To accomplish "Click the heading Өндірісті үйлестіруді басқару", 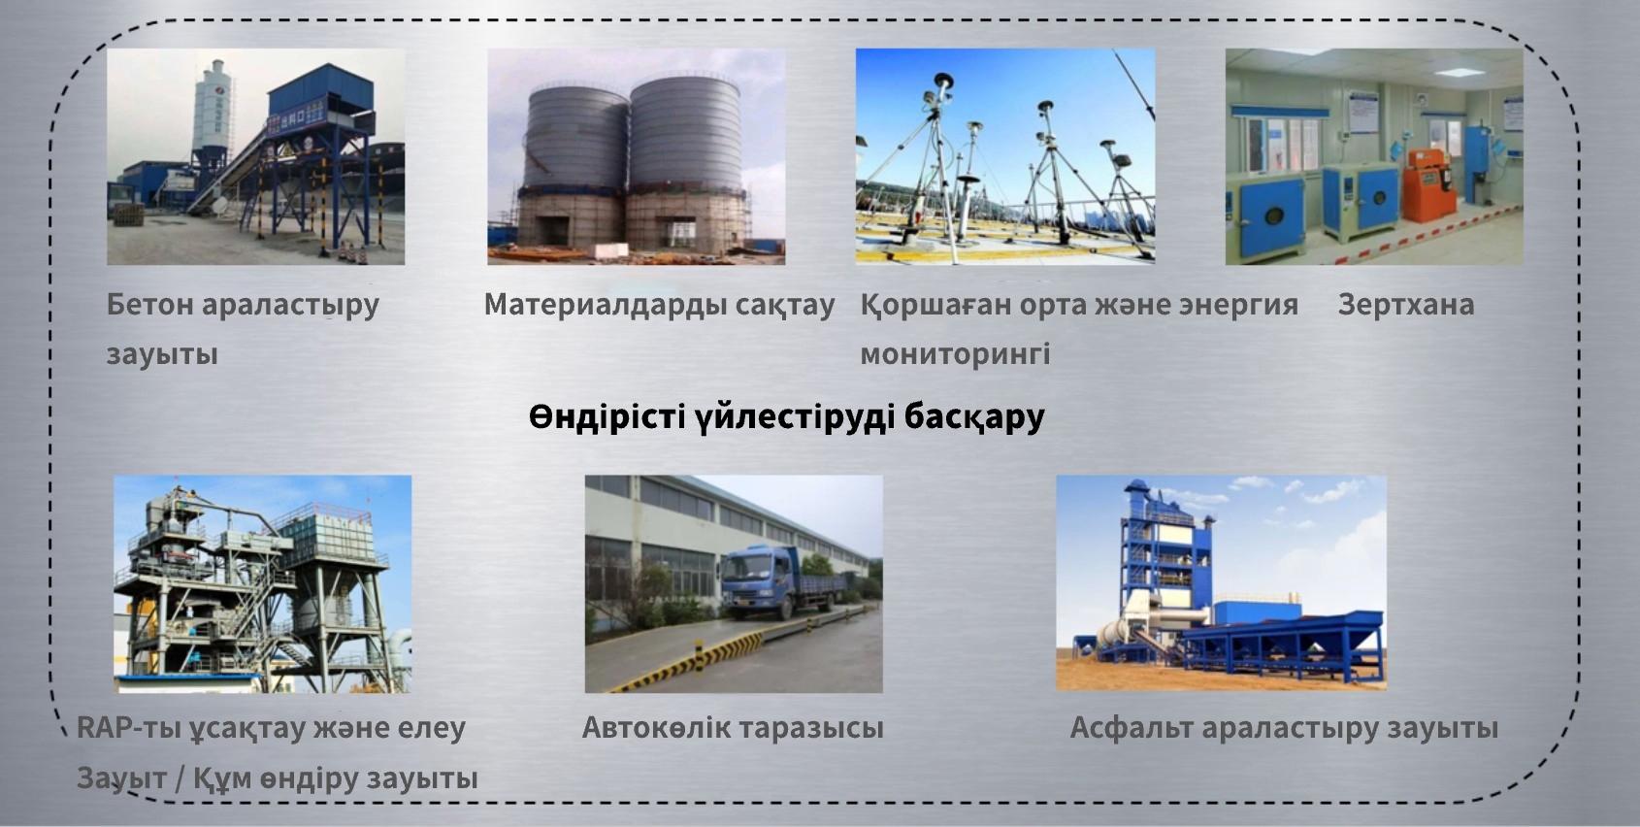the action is (x=786, y=416).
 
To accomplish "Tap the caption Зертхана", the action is (x=1406, y=305).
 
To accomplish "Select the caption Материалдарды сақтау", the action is (x=659, y=305).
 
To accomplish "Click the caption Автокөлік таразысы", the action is (x=733, y=728).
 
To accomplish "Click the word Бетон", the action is (x=149, y=305).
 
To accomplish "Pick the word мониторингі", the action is (x=955, y=354).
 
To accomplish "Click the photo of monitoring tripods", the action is (x=1005, y=156).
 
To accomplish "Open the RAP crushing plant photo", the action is (x=262, y=583).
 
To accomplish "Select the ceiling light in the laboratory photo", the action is (x=1459, y=72).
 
